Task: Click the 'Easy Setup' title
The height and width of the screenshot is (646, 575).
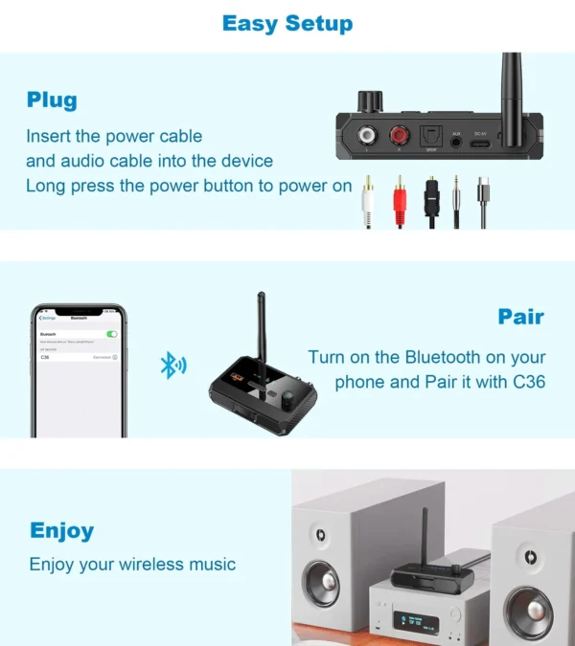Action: tap(287, 23)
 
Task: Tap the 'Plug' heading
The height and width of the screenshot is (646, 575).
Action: tap(52, 100)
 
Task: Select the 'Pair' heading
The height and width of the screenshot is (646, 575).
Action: tap(520, 317)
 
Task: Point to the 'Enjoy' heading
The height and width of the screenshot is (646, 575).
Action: tap(61, 530)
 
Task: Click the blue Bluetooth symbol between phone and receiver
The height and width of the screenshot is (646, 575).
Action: tap(172, 364)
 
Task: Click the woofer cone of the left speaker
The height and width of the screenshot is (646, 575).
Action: tap(323, 579)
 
